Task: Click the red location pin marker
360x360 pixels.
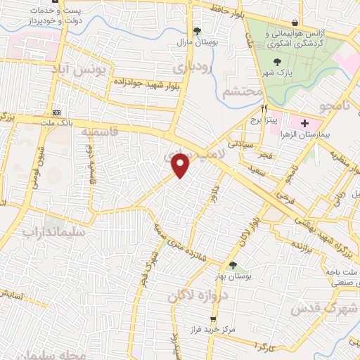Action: [181, 165]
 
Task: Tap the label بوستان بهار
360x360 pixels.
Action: [233, 276]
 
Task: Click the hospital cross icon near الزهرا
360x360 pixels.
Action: [305, 123]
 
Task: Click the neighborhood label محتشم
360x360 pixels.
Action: [241, 92]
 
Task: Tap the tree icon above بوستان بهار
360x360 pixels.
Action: [233, 265]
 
